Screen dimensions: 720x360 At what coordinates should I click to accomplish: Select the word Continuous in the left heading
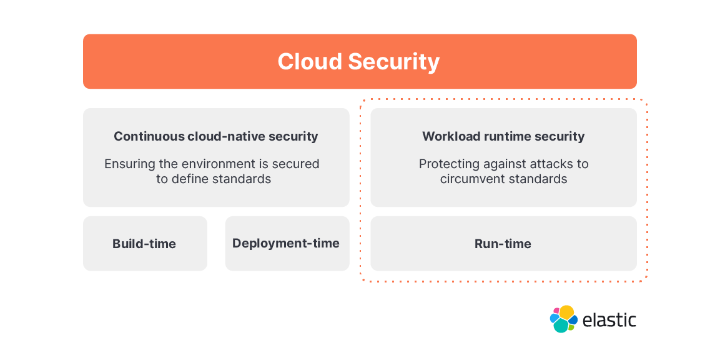click(150, 136)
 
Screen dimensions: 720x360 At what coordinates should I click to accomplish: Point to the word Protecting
click(445, 164)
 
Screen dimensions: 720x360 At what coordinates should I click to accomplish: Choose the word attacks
click(548, 164)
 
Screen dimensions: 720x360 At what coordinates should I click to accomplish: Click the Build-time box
click(145, 244)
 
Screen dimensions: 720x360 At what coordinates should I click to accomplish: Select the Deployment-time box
click(287, 244)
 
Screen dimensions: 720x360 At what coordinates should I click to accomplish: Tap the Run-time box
click(504, 244)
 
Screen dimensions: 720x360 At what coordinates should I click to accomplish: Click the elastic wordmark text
click(609, 319)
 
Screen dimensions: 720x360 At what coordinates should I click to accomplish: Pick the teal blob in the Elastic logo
click(561, 326)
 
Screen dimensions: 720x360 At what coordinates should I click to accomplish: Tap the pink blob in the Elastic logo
click(556, 310)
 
